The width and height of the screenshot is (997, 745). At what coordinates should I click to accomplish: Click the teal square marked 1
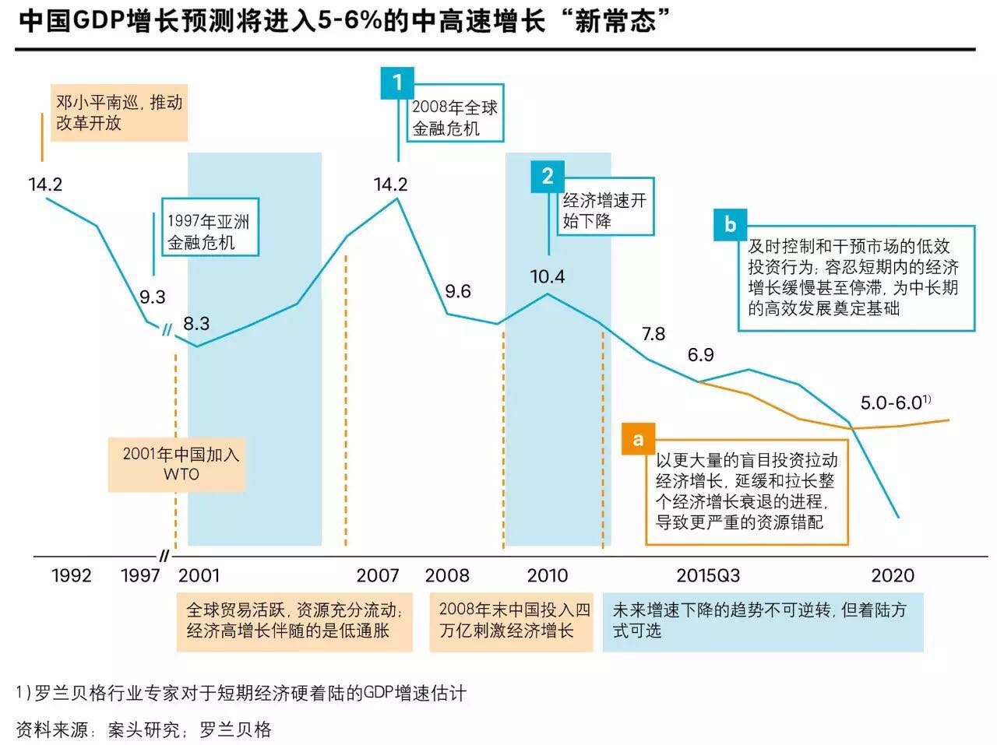pyautogui.click(x=397, y=83)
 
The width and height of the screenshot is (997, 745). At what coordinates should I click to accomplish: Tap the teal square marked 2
pyautogui.click(x=548, y=176)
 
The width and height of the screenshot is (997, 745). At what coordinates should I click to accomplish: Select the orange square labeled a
pyautogui.click(x=638, y=439)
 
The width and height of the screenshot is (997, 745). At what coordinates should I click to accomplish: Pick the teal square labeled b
pyautogui.click(x=730, y=224)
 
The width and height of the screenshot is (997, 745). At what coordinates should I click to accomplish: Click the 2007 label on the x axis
pyautogui.click(x=378, y=575)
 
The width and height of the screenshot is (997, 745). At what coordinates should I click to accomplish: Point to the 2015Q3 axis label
pyautogui.click(x=708, y=575)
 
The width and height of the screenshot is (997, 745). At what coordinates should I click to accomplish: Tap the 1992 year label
pyautogui.click(x=72, y=575)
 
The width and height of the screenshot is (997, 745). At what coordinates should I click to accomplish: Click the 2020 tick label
pyautogui.click(x=893, y=575)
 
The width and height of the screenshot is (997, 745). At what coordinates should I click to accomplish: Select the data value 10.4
pyautogui.click(x=548, y=276)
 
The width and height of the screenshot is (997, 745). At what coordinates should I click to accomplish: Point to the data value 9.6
pyautogui.click(x=458, y=291)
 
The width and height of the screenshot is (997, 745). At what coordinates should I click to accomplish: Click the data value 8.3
pyautogui.click(x=196, y=323)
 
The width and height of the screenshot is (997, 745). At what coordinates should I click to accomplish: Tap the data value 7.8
pyautogui.click(x=654, y=334)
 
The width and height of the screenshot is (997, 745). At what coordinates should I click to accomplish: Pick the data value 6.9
pyautogui.click(x=700, y=355)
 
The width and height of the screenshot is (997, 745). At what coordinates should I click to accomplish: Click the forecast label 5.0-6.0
pyautogui.click(x=893, y=403)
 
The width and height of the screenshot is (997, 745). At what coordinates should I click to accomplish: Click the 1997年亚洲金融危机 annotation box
pyautogui.click(x=209, y=232)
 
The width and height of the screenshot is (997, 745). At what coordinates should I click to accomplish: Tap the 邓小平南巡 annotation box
pyautogui.click(x=119, y=113)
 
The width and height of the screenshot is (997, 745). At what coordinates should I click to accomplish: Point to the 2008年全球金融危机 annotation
pyautogui.click(x=454, y=118)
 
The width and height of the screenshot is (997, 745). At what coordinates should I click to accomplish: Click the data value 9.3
pyautogui.click(x=153, y=297)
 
